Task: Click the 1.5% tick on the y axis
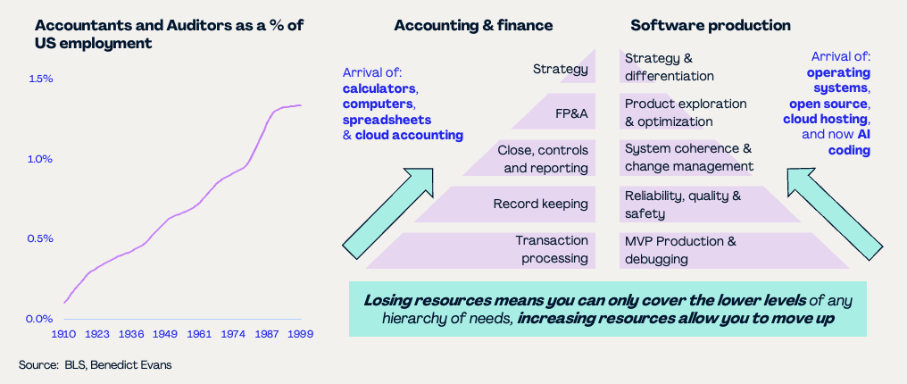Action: (40, 79)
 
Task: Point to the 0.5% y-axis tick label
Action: (40, 238)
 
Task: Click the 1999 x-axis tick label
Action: (301, 335)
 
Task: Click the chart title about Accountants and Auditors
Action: (169, 34)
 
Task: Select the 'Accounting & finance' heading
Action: (473, 25)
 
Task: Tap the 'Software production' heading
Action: (711, 25)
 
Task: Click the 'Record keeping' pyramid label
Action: (540, 205)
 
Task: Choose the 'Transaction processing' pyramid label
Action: (552, 249)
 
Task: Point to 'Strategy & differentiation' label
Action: (670, 67)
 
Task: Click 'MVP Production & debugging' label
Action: (681, 249)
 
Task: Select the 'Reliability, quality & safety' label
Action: (683, 205)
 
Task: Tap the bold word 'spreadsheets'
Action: (387, 120)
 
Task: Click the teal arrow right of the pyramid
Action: (835, 213)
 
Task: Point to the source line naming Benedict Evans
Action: (95, 365)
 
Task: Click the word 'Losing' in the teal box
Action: (386, 301)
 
